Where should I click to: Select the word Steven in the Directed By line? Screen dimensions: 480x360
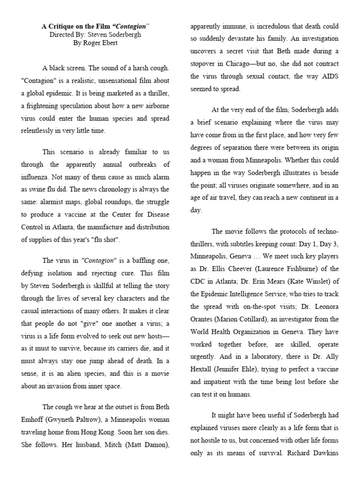click(93, 35)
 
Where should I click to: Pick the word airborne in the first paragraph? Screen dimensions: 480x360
click(155, 106)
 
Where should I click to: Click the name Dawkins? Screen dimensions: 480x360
click(324, 453)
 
